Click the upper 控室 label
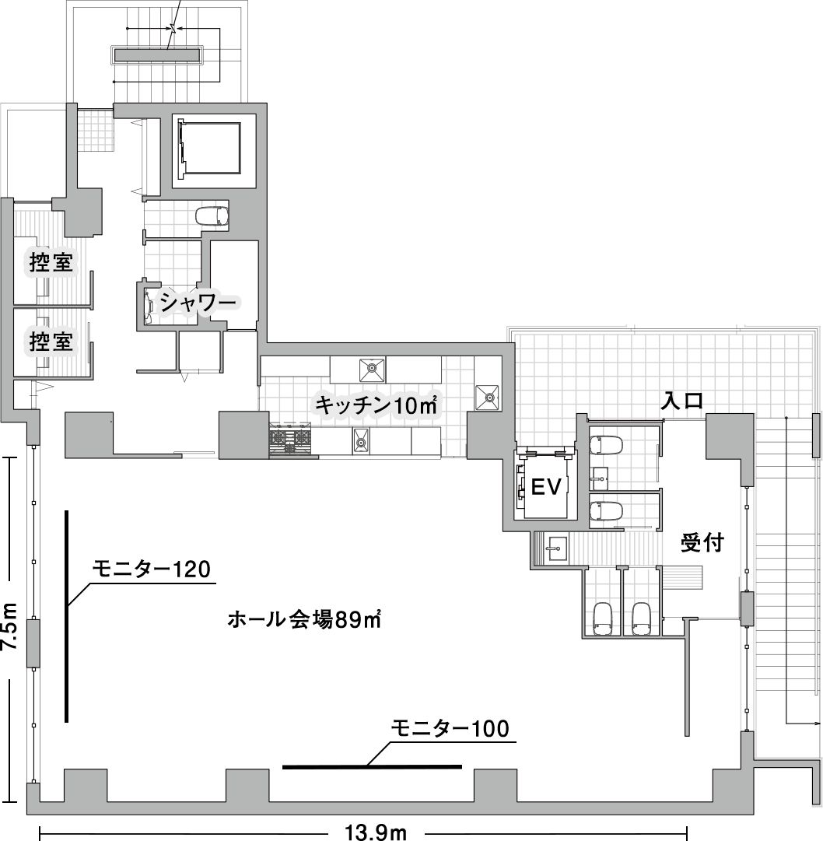(52, 263)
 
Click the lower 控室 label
(52, 342)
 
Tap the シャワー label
(198, 303)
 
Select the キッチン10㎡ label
(376, 405)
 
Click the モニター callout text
(429, 729)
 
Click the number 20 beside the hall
(197, 570)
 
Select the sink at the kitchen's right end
(488, 397)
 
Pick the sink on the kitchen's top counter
(373, 367)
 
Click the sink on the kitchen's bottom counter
(361, 441)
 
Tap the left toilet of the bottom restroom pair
(604, 618)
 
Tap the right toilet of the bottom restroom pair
(641, 618)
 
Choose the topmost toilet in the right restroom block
(607, 445)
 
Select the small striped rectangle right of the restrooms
(681, 578)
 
